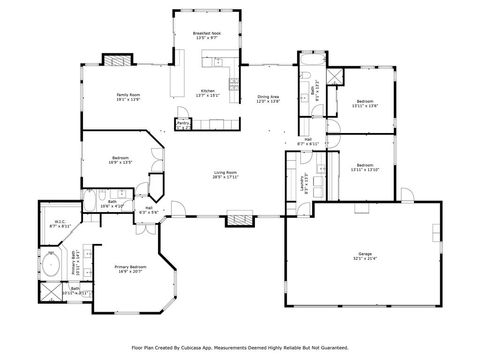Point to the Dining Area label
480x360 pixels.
tap(267, 99)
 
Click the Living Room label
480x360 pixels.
tap(225, 174)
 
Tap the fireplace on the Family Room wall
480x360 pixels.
tap(116, 59)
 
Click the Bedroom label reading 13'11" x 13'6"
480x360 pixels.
tap(363, 104)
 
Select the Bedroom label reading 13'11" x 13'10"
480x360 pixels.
tap(363, 167)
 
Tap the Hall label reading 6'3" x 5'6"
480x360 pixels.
tap(148, 211)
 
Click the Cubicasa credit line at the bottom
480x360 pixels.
tap(239, 347)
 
